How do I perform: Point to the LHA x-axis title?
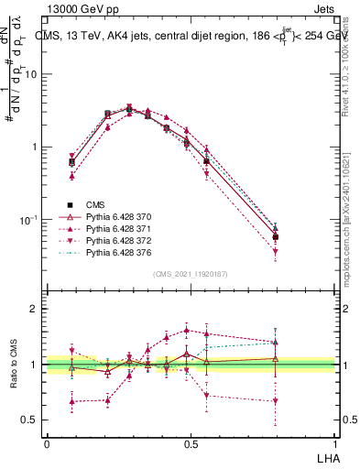click(x=324, y=456)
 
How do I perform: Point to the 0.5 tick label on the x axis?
click(x=191, y=444)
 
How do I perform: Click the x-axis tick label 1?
click(x=334, y=444)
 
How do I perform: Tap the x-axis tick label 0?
click(x=47, y=444)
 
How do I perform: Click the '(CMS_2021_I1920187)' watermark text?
click(x=190, y=274)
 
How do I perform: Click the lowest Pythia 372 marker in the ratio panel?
click(x=276, y=401)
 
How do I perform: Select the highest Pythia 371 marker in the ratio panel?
click(x=187, y=331)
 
